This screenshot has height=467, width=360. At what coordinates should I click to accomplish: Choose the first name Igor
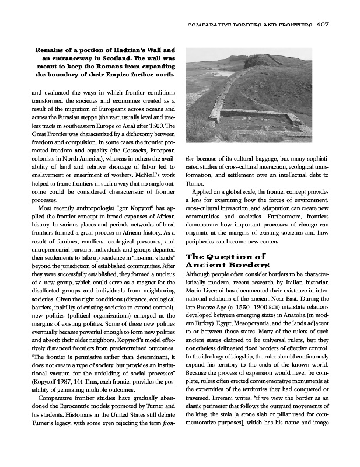coord(115,207)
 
